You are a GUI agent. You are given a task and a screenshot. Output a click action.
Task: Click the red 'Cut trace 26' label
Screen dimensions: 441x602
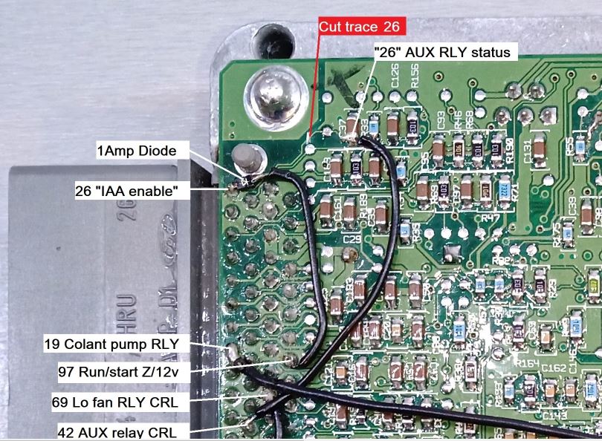359,27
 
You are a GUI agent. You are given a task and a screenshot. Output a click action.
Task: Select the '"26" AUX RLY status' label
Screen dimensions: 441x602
444,52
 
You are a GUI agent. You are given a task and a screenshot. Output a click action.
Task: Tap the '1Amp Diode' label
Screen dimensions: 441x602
137,151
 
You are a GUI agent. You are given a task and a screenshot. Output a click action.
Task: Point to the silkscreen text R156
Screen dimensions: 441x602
415,74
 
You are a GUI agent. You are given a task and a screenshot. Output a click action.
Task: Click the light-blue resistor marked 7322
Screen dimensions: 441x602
503,188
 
